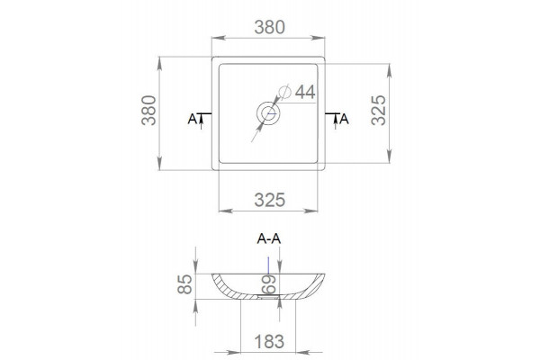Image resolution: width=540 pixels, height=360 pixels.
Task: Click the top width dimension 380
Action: (x=270, y=27)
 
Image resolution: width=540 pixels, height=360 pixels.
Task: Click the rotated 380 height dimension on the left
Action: (x=148, y=110)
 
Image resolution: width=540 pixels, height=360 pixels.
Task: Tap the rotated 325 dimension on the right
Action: (x=379, y=110)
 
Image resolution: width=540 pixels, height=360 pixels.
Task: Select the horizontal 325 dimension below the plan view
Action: (x=270, y=200)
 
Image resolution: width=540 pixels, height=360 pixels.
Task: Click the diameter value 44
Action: (x=305, y=92)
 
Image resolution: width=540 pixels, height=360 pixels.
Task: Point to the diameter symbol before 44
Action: (x=285, y=92)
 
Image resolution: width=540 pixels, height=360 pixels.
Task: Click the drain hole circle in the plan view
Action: (x=268, y=113)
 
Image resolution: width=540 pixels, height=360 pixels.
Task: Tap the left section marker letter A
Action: (x=193, y=120)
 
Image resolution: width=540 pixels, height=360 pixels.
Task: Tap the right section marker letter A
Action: (x=344, y=120)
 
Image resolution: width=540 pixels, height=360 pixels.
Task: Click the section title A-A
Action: (x=269, y=238)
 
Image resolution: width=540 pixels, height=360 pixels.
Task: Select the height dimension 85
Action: (x=184, y=284)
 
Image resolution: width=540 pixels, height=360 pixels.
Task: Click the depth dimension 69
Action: (x=269, y=284)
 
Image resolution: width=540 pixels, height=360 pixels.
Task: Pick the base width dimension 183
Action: (x=269, y=342)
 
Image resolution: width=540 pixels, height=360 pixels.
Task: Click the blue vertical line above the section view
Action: (x=268, y=265)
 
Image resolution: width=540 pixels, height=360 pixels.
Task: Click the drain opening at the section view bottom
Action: (x=268, y=296)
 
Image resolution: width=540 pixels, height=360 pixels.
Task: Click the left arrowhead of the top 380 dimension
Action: (x=219, y=38)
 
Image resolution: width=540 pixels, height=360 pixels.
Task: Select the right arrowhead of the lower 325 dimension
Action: (x=310, y=211)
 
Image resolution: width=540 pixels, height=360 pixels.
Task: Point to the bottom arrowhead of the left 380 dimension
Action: (x=159, y=163)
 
